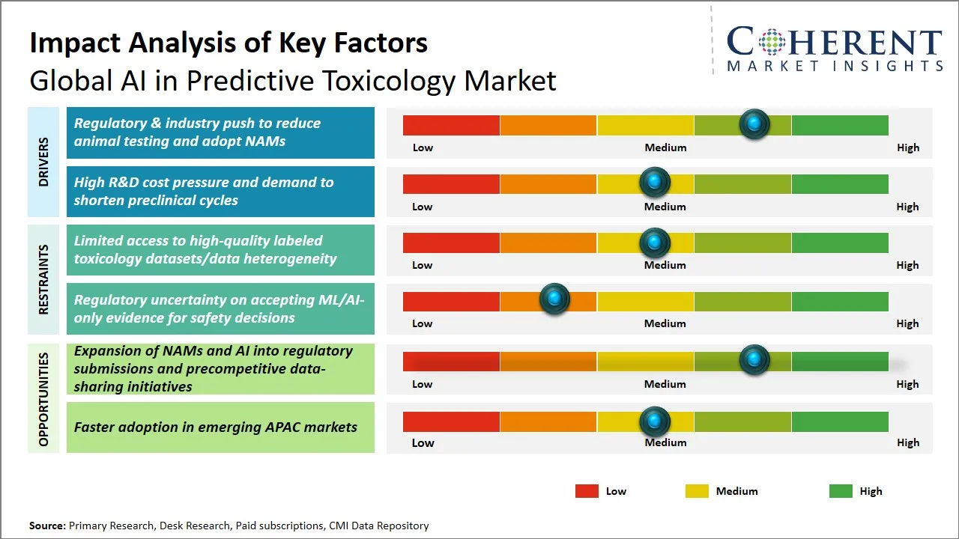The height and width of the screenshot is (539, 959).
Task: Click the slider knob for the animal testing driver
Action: point(754,124)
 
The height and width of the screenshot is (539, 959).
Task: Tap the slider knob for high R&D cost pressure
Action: point(655,182)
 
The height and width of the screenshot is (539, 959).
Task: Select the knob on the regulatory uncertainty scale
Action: point(554,299)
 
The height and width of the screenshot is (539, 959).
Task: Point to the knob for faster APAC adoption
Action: point(655,421)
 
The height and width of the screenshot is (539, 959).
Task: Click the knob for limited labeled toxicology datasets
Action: point(655,242)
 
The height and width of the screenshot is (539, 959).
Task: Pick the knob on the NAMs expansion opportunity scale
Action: point(754,360)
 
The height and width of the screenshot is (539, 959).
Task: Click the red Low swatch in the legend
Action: point(587,491)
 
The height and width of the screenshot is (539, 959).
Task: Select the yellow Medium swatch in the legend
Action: point(697,491)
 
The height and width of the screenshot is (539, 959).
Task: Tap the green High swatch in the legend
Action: point(841,491)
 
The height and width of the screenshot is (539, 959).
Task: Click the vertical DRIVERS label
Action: point(43,162)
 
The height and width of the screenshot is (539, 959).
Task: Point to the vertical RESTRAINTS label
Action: point(43,279)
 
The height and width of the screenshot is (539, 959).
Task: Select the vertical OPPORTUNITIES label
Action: point(43,399)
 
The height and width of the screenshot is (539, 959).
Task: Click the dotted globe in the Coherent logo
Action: point(771,42)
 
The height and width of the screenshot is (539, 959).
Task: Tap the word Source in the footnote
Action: point(47,526)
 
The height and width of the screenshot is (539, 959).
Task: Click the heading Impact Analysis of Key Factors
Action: point(229,43)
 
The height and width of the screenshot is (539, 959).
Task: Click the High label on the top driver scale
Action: point(907,147)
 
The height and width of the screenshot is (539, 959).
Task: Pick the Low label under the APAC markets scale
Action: point(423,442)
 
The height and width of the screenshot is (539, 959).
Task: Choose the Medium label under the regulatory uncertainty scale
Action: point(665,323)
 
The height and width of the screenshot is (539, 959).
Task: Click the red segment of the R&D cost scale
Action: point(451,183)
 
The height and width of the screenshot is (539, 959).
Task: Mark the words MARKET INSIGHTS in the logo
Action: point(835,66)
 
